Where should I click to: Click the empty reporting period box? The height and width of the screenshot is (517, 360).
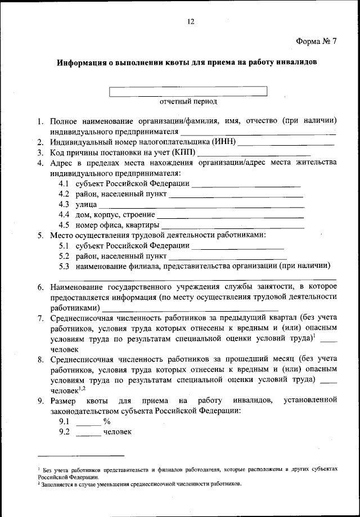click(x=188, y=91)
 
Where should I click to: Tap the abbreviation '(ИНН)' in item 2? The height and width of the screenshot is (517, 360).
click(x=224, y=142)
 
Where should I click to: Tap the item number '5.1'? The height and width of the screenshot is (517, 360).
click(x=64, y=245)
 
